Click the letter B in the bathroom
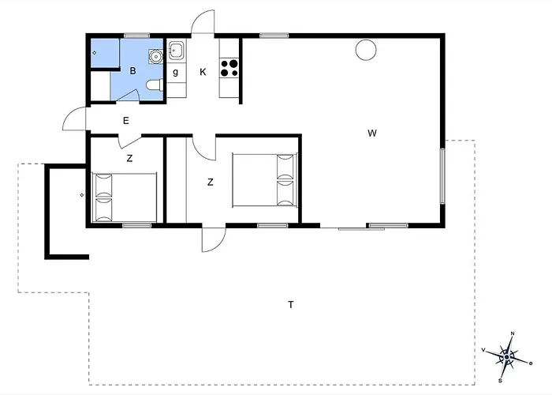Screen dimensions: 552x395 132,71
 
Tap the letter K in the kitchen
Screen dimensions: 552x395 203,72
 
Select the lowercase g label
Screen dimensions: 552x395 175,73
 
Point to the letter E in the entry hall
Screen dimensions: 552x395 126,121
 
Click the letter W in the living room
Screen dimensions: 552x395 372,134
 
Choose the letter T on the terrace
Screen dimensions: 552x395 291,304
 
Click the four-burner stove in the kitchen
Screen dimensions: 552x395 229,69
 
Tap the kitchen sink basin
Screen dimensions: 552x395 176,51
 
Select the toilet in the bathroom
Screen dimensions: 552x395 155,85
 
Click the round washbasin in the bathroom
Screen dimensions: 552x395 155,56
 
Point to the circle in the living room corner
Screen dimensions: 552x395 366,50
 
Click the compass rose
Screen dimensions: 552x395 506,357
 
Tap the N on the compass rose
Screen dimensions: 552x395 513,333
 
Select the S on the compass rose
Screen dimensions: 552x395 500,381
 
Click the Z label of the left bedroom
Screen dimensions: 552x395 129,159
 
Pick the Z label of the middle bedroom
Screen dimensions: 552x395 211,182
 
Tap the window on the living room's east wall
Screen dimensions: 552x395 442,176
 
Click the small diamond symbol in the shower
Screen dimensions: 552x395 95,53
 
